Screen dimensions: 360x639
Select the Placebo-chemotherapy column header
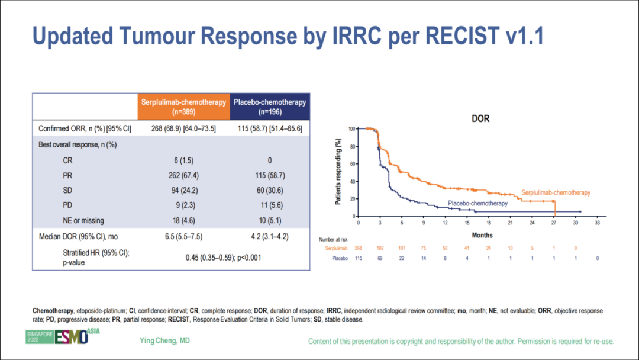tap(270, 107)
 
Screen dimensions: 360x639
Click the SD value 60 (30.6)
tap(270, 191)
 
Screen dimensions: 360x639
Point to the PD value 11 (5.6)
tap(270, 205)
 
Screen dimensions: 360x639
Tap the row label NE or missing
tap(83, 221)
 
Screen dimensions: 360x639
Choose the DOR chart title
tap(480, 118)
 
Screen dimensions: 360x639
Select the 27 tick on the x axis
tap(554, 223)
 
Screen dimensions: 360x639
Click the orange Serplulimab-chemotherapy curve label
tap(556, 192)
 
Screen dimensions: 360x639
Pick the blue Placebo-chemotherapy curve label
tap(477, 204)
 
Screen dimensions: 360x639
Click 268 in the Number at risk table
tap(359, 249)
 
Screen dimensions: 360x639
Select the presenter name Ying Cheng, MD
tap(164, 340)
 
